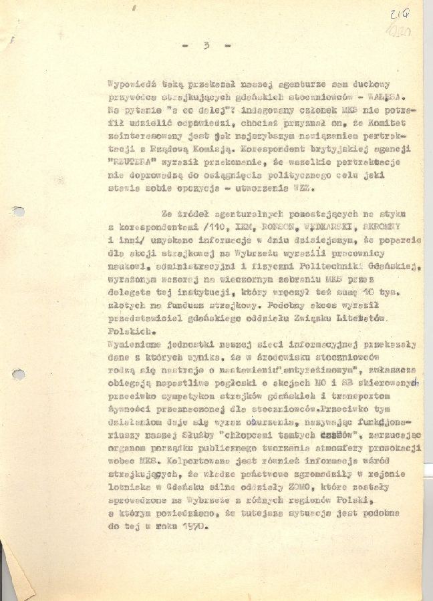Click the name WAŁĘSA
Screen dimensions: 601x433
click(x=388, y=96)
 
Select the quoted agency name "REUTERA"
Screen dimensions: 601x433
click(x=130, y=161)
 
